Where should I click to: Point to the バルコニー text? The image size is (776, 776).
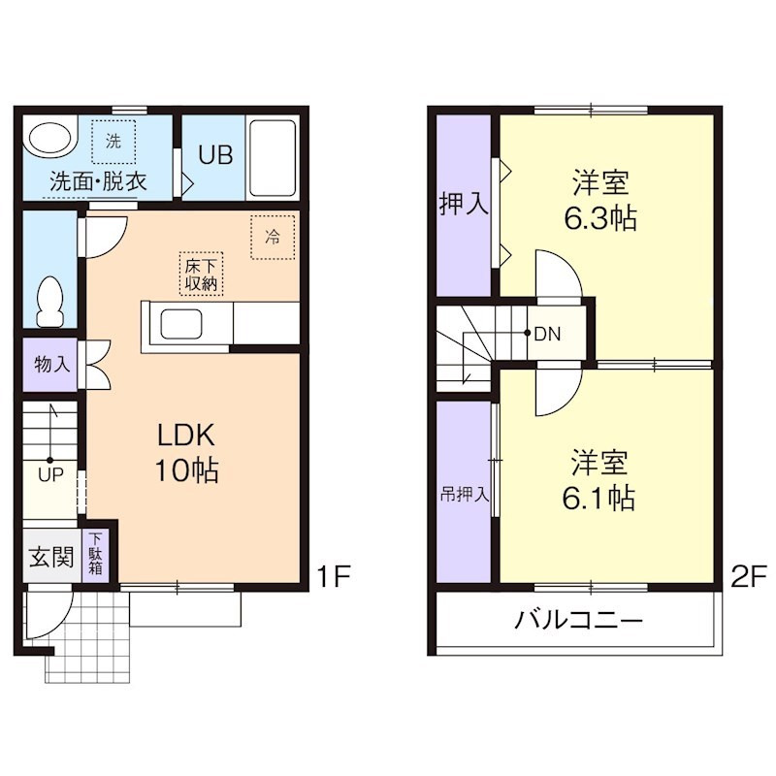pos(578,619)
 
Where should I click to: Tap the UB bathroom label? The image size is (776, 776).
pos(215,156)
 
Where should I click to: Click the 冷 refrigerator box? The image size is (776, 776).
pos(273,237)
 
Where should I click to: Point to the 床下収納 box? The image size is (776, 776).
pos(201,274)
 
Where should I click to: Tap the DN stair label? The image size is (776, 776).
pos(547,334)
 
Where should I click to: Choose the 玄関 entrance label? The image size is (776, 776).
pos(46,558)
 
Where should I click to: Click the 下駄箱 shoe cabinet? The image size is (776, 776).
pos(97,554)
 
